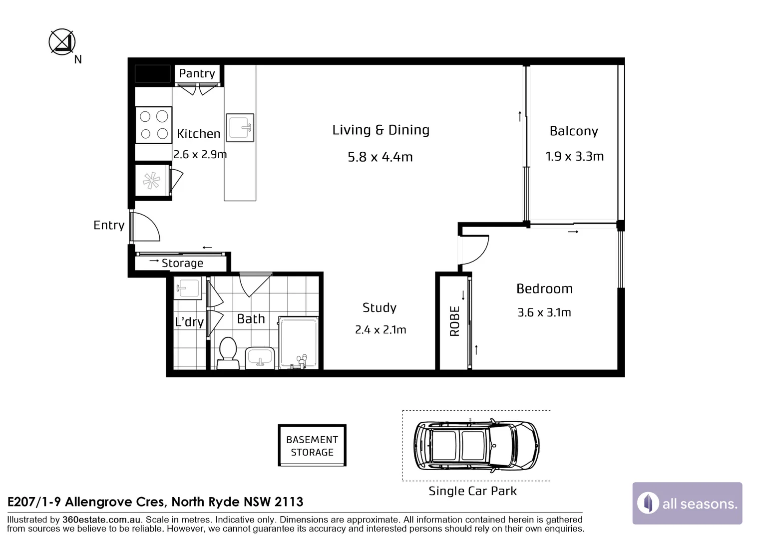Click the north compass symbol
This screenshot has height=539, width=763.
pos(62,42)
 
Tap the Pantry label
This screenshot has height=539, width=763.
pos(197,73)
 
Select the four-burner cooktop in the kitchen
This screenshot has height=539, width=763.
pos(154,125)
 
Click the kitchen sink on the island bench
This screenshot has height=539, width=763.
pos(240,127)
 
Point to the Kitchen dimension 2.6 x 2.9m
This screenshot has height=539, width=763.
pos(200,155)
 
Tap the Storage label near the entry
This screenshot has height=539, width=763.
pos(182,263)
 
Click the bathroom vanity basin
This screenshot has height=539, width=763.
pos(260,357)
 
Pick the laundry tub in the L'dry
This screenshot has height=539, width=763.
pos(188,288)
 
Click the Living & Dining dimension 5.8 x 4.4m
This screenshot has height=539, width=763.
pos(380,157)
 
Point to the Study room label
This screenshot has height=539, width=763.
pos(380,307)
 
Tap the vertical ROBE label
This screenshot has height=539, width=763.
pos(454,321)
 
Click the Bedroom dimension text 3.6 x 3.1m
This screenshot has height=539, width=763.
pos(544,312)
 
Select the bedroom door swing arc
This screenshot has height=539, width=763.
pos(474,250)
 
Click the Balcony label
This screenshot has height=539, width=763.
pos(574,131)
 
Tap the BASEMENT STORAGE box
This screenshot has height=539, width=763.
pos(312,446)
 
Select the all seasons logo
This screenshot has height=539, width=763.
pos(687,503)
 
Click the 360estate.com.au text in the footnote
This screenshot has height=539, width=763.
pos(101,520)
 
